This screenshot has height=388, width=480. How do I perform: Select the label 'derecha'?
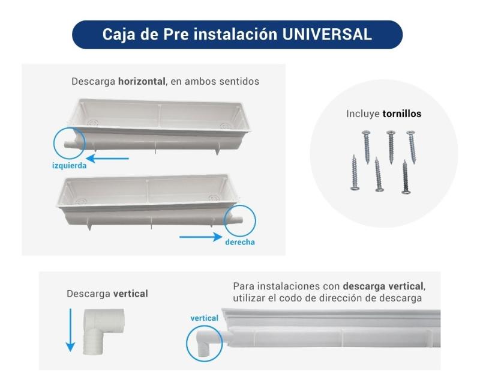(240, 242)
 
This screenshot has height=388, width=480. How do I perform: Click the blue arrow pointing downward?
(70, 330)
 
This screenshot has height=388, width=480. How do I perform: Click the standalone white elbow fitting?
(104, 330)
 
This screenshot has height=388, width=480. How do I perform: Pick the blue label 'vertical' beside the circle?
(204, 318)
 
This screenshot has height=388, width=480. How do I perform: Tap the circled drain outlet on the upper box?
(69, 143)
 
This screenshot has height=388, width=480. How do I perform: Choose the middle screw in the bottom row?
(377, 174)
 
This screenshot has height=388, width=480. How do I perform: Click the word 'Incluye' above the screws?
(363, 114)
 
